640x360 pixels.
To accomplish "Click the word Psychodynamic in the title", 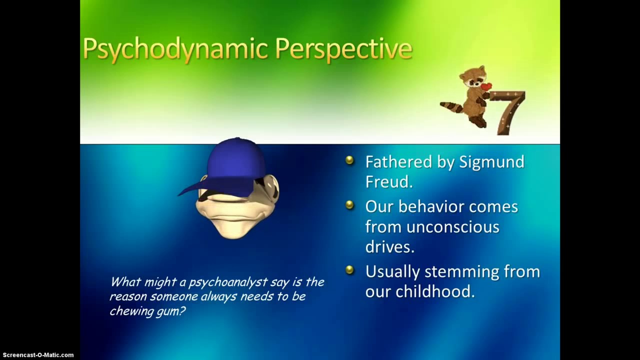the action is [175, 49].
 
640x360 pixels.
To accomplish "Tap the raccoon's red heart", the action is [485, 86].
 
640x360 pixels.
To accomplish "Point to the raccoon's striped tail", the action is [451, 106].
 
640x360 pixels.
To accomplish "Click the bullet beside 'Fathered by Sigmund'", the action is [349, 160].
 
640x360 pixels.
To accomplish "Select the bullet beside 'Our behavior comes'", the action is [349, 205].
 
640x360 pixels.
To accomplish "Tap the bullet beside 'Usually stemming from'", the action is [349, 269].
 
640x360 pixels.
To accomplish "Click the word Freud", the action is [389, 181].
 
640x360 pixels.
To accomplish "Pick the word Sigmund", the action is [491, 162].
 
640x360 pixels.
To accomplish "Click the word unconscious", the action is [453, 227].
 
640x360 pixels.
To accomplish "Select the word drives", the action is [389, 246].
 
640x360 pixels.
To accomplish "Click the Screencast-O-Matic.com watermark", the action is [38, 355].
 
